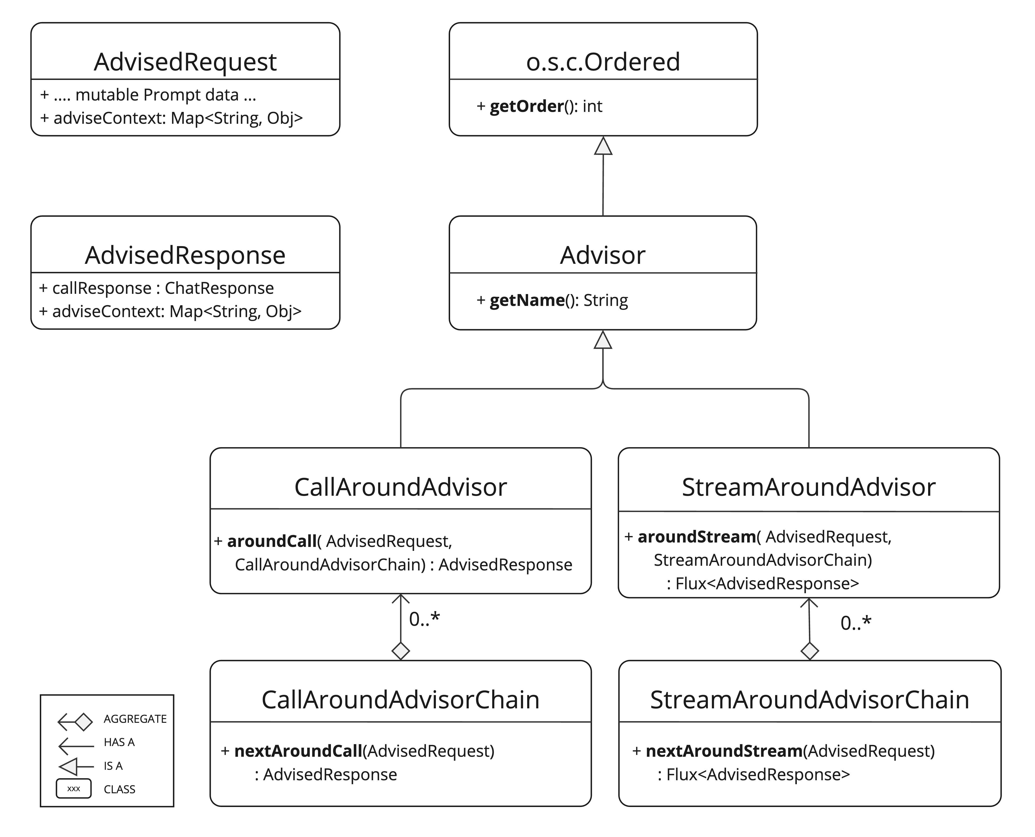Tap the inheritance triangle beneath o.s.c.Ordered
pyautogui.click(x=603, y=147)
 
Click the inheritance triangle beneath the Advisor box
pyautogui.click(x=603, y=340)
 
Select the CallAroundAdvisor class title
pyautogui.click(x=400, y=487)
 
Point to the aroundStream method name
pyautogui.click(x=696, y=537)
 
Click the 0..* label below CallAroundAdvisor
pyautogui.click(x=424, y=619)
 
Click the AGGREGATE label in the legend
pyautogui.click(x=135, y=719)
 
